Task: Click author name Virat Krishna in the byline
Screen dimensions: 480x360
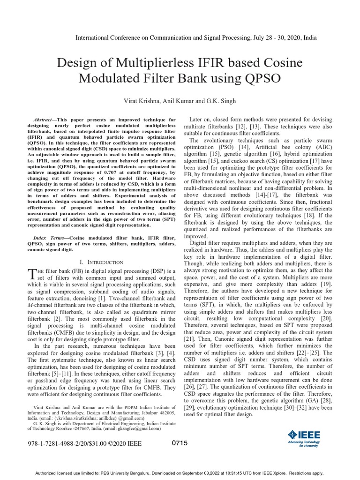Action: [141, 101]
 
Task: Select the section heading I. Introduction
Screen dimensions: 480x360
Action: [102, 262]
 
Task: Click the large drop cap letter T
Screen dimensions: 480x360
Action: [32, 275]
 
